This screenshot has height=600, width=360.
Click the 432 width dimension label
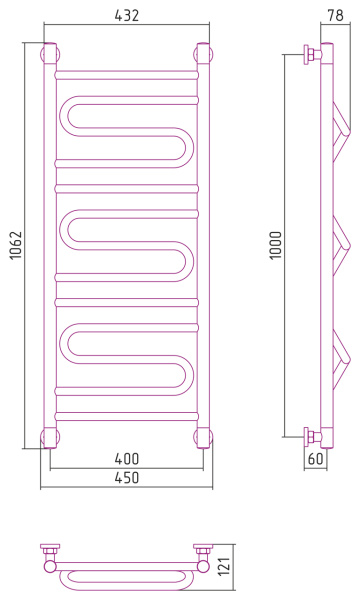(x=127, y=15)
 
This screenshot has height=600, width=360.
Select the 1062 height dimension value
(x=16, y=245)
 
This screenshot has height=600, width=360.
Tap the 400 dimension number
(x=127, y=458)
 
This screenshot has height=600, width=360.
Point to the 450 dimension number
(x=127, y=478)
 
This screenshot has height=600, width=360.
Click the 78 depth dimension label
(x=336, y=15)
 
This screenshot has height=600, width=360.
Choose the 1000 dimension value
(x=276, y=245)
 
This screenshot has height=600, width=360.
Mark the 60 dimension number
(x=316, y=458)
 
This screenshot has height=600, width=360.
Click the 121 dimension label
(x=226, y=566)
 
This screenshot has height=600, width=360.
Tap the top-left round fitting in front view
(x=50, y=53)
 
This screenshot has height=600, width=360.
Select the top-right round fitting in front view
(x=204, y=53)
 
